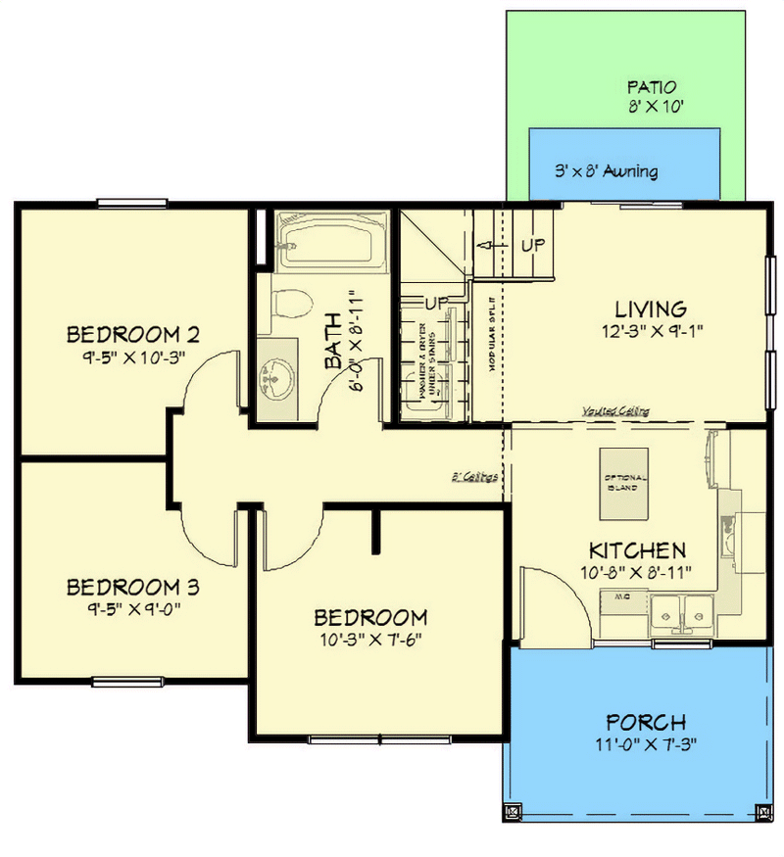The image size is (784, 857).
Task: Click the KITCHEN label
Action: tap(636, 549)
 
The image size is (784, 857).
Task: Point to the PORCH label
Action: tap(646, 723)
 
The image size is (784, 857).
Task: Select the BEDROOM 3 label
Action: tap(133, 588)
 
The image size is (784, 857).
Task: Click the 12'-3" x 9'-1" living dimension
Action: tap(653, 331)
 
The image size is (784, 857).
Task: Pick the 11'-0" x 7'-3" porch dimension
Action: tap(646, 744)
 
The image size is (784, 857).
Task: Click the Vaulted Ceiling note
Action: tap(614, 411)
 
